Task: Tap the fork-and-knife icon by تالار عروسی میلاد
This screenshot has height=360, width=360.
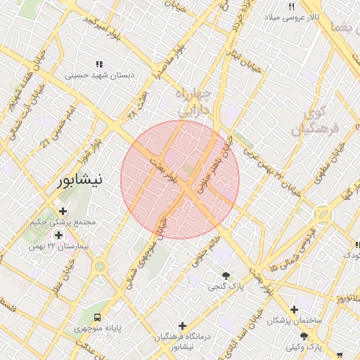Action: pos(291,6)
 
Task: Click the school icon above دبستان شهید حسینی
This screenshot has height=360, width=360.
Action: pos(99,64)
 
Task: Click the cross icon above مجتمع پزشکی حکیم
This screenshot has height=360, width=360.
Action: pos(63,211)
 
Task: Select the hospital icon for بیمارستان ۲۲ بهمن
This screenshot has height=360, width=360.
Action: pos(58,235)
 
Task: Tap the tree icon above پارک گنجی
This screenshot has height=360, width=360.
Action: pos(226,275)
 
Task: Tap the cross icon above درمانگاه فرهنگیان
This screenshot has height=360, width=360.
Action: pos(183,326)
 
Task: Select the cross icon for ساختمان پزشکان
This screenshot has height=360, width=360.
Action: pos(294,309)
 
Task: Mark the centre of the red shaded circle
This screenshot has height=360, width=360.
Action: pos(180,179)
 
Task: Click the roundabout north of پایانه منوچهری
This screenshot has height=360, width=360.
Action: pos(99,266)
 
